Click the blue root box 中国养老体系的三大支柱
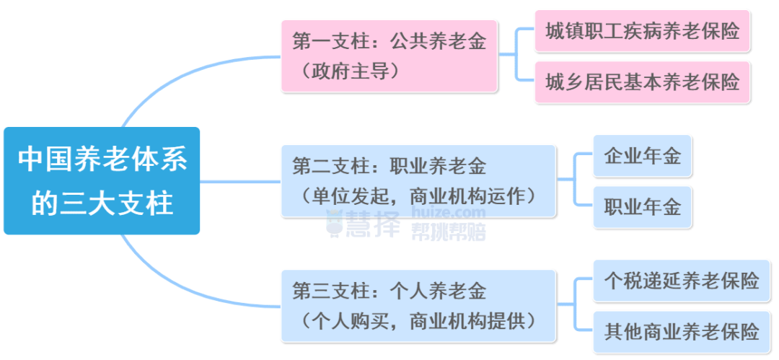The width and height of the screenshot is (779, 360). [102, 180]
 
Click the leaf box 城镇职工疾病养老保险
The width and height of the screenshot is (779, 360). [643, 31]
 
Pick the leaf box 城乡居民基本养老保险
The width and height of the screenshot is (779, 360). [643, 82]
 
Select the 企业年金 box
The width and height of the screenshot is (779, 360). [642, 156]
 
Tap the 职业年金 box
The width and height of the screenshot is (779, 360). [642, 208]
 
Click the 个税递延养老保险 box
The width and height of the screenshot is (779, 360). [682, 280]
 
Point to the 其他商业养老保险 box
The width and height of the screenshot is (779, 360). [682, 332]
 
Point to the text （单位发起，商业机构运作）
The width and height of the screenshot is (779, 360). [418, 196]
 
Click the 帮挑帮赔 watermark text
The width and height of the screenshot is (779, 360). [448, 231]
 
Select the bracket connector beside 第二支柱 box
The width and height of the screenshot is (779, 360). [576, 180]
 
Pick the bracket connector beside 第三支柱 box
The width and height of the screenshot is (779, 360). [576, 305]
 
